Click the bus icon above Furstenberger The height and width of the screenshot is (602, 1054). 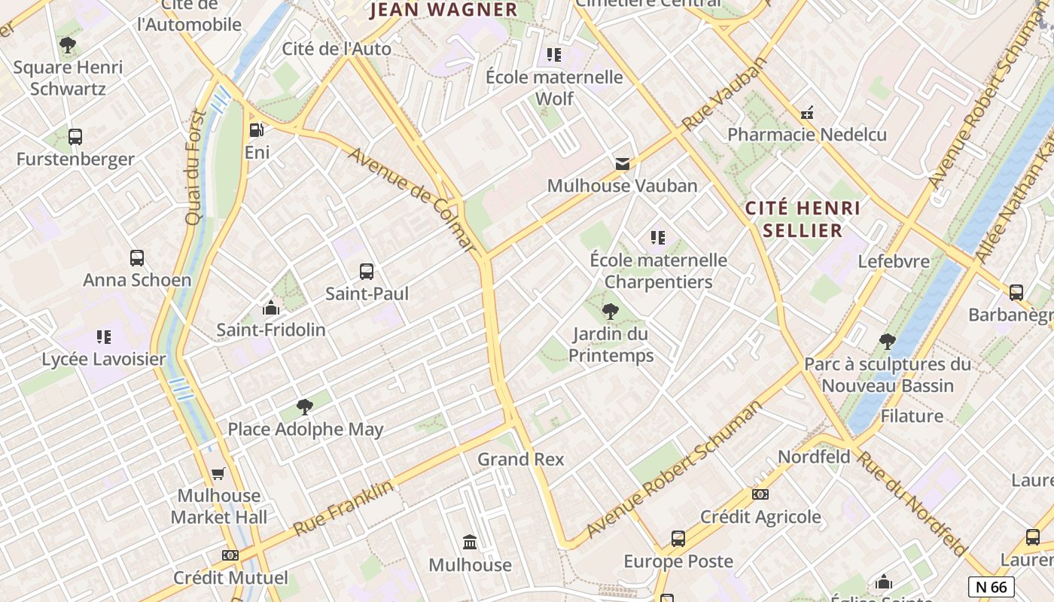[x=75, y=137]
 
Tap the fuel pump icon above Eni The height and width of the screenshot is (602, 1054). [x=256, y=130]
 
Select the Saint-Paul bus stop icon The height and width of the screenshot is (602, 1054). [x=367, y=272]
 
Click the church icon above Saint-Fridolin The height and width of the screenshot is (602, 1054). [x=271, y=308]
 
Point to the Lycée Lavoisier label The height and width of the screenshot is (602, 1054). [x=104, y=359]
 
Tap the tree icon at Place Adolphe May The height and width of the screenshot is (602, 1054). [x=305, y=408]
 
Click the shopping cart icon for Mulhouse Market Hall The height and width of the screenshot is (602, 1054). [x=218, y=473]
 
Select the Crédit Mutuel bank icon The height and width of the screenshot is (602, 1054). [x=230, y=555]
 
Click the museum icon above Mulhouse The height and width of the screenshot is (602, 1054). [x=471, y=542]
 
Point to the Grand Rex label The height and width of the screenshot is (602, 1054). [x=521, y=459]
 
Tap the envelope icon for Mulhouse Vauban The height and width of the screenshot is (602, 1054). [x=623, y=163]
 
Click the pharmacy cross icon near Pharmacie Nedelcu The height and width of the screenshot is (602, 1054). [x=807, y=113]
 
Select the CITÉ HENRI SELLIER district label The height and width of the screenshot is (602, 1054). [x=803, y=219]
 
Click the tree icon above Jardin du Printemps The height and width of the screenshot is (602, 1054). [x=611, y=312]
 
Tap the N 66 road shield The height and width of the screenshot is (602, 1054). [x=991, y=587]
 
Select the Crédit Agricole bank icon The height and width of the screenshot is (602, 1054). [x=760, y=494]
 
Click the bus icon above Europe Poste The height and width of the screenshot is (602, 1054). [x=678, y=539]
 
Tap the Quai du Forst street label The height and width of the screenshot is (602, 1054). [x=195, y=167]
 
